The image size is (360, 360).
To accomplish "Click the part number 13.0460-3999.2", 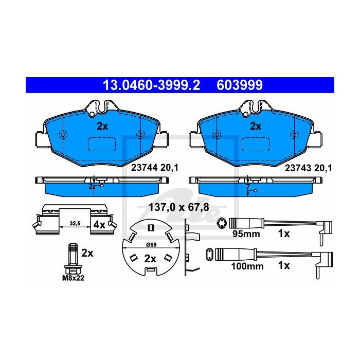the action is (x=152, y=85).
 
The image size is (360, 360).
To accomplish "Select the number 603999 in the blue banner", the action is (x=240, y=85).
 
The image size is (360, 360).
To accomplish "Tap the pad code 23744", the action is (x=144, y=168).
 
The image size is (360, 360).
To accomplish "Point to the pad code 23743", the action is (x=298, y=168).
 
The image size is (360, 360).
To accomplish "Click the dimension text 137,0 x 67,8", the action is (x=178, y=207).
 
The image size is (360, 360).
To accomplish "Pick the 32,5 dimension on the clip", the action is (x=75, y=223).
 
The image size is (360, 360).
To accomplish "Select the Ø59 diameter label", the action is (x=151, y=245).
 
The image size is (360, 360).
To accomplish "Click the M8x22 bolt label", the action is (x=73, y=278).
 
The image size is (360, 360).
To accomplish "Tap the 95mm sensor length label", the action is (x=246, y=234).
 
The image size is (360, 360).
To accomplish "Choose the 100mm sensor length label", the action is (x=247, y=266).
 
